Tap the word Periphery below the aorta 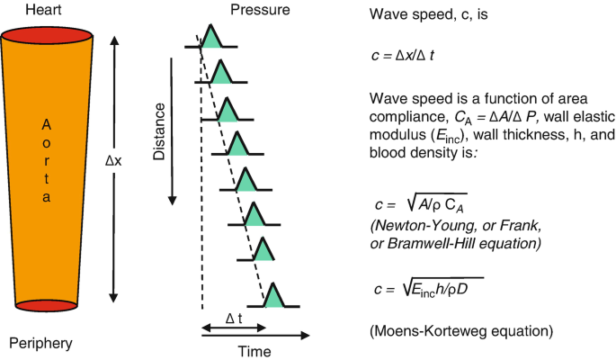pos(40,343)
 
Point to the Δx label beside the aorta pos(114,162)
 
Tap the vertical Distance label pos(159,131)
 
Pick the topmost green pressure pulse pos(210,38)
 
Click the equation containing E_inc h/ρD pos(430,289)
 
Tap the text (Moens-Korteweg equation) pos(460,331)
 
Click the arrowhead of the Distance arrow pos(170,198)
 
